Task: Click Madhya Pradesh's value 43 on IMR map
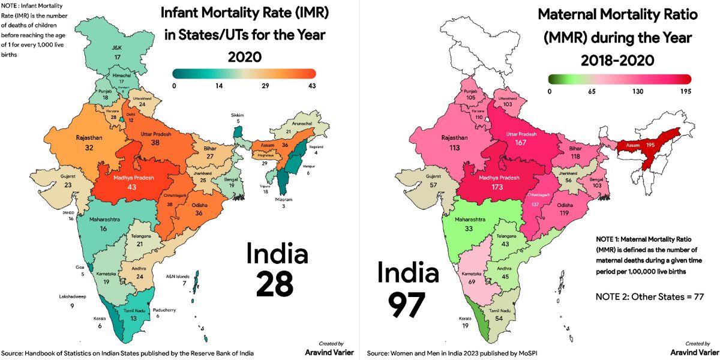pos(131,187)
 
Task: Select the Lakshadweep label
pos(71,296)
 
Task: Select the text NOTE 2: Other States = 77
pos(649,296)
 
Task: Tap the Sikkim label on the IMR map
pos(239,115)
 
